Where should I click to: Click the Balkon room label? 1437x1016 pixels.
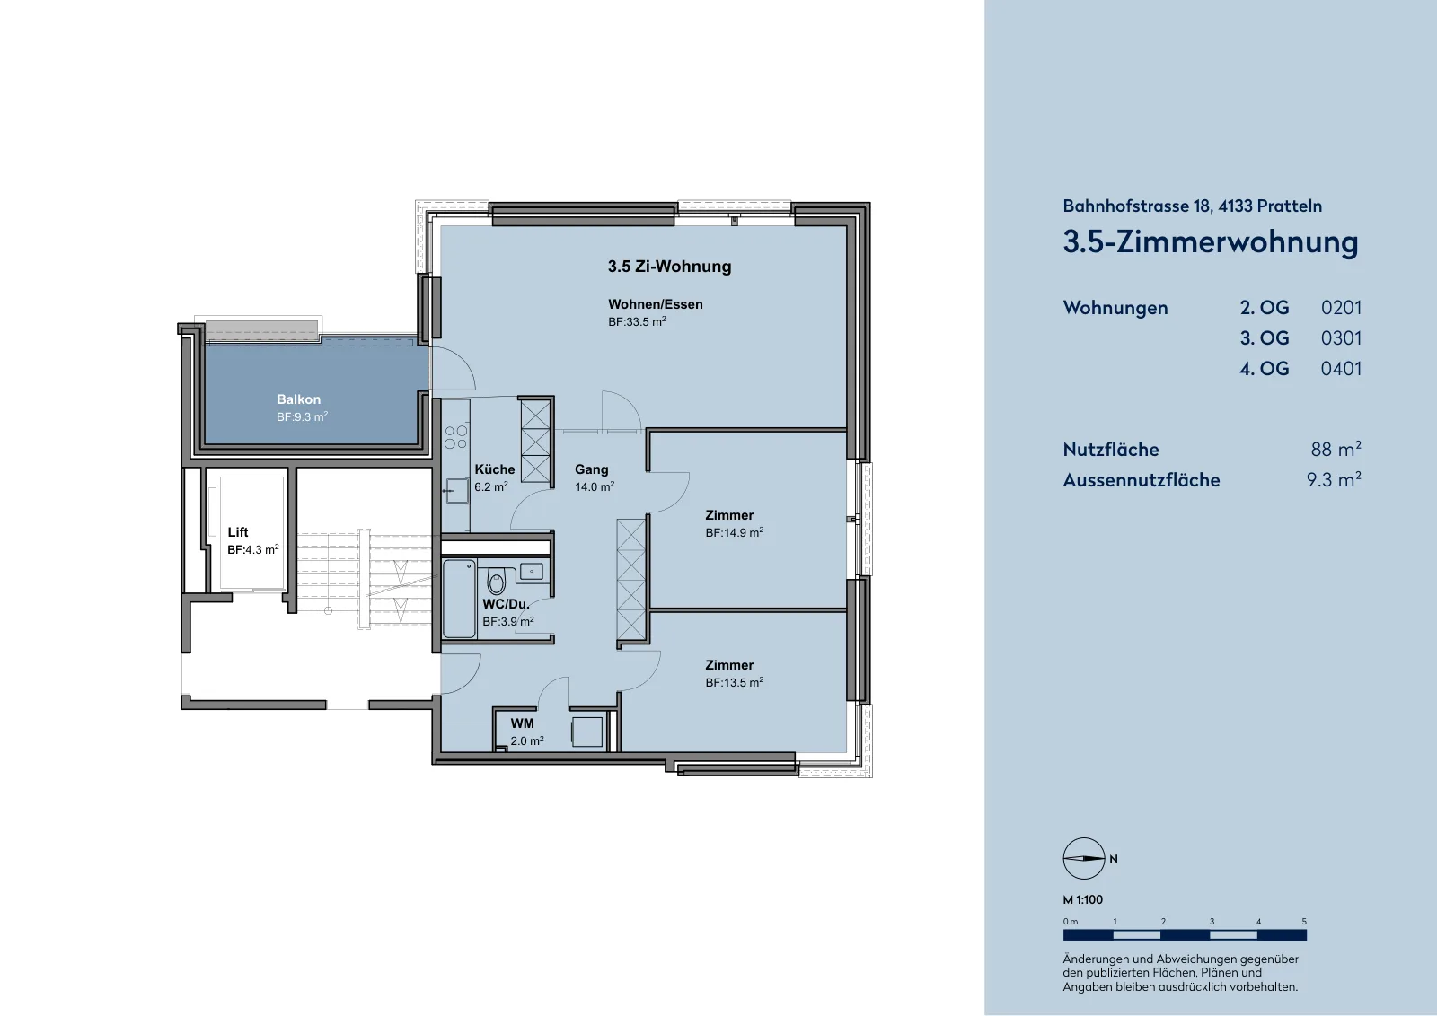click(298, 399)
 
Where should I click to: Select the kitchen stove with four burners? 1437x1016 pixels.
click(456, 438)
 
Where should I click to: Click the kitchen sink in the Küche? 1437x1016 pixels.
click(457, 491)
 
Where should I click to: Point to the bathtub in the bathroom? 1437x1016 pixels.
click(459, 600)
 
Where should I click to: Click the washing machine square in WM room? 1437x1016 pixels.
click(587, 731)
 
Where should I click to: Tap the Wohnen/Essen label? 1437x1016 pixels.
click(656, 304)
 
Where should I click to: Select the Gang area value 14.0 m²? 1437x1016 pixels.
click(595, 486)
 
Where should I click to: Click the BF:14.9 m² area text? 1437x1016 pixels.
click(735, 532)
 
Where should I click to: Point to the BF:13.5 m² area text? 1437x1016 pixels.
click(735, 683)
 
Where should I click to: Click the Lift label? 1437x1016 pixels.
click(238, 532)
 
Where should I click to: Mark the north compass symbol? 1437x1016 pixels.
click(1084, 858)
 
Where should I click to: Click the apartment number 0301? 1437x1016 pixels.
click(1341, 337)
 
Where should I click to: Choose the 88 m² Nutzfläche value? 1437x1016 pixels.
click(1336, 449)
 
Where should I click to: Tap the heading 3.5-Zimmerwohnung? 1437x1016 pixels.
click(1211, 242)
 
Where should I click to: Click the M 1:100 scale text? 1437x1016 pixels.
click(1083, 899)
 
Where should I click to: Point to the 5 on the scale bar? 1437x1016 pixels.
click(1304, 922)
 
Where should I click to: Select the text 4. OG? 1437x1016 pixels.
click(1265, 369)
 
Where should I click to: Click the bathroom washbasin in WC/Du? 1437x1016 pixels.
click(531, 571)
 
